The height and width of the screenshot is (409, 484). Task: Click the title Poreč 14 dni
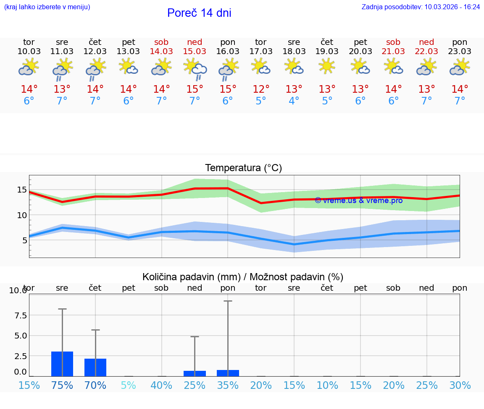click(x=199, y=13)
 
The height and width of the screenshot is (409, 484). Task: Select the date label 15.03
click(x=195, y=52)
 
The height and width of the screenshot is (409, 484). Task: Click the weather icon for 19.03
click(x=327, y=66)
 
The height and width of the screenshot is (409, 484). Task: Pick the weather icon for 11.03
click(x=62, y=68)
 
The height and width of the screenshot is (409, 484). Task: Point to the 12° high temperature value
click(x=261, y=89)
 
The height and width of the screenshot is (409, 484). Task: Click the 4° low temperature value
click(x=294, y=101)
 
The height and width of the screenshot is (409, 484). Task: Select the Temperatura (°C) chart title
click(x=243, y=168)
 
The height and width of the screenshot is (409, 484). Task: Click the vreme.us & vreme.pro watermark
click(x=359, y=201)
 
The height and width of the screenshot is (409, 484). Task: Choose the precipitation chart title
click(x=243, y=277)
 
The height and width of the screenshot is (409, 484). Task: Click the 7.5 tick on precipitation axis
click(x=18, y=315)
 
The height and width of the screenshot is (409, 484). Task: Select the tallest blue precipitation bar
click(x=62, y=364)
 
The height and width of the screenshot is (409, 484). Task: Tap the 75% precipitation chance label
click(x=62, y=386)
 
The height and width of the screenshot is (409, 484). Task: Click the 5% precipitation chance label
click(x=129, y=386)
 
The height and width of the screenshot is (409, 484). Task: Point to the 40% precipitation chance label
click(x=161, y=386)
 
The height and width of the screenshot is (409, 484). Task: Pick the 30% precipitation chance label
click(x=460, y=386)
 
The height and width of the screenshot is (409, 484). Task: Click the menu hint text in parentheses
click(x=47, y=7)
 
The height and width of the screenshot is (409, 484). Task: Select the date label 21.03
click(x=393, y=52)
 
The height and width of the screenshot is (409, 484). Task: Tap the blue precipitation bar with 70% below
click(x=95, y=367)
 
